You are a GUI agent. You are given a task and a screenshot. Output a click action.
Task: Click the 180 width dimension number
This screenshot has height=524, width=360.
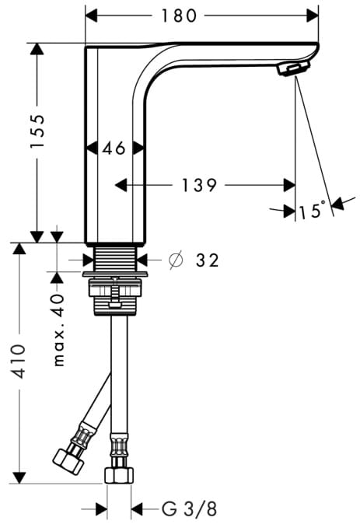[x=179, y=16]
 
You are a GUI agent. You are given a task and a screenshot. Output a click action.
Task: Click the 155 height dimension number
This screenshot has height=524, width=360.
[x=37, y=131]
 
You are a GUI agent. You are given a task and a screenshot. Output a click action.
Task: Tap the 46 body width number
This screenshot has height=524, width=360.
[x=114, y=148]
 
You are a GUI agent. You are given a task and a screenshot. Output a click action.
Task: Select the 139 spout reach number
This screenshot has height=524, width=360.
[x=199, y=185]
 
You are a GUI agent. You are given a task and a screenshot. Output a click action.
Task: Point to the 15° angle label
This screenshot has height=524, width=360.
[x=312, y=210]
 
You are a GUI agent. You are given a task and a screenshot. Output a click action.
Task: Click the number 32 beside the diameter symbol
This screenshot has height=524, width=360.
[x=208, y=260]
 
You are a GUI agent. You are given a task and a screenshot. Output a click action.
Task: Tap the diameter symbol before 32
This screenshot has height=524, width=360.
[x=177, y=260]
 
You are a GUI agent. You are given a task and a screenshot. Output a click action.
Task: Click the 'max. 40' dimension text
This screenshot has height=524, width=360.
[x=58, y=330]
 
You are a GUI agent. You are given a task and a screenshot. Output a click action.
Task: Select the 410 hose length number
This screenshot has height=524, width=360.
[x=19, y=362]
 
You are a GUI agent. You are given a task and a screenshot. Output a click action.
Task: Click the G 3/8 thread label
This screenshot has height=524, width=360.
[x=190, y=509]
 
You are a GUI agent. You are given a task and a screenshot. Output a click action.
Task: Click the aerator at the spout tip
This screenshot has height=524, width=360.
[x=293, y=68]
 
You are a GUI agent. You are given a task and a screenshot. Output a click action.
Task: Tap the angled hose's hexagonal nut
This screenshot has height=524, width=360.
[x=69, y=461]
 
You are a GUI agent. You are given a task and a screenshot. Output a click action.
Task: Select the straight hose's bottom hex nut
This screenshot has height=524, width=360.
[x=119, y=475]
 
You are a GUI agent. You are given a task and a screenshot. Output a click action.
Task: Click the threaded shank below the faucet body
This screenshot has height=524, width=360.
[x=115, y=259]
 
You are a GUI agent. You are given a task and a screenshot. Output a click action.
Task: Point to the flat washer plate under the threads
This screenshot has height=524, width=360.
[x=115, y=274]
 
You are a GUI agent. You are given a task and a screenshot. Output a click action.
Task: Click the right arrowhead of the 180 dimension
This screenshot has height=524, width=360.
[x=313, y=16]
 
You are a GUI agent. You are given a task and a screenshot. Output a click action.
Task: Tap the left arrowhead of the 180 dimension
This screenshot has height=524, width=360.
[x=91, y=16]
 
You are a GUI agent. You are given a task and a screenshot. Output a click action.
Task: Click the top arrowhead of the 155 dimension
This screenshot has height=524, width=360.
[x=37, y=49]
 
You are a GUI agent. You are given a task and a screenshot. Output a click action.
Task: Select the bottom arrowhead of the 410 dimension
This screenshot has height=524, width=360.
[x=19, y=478]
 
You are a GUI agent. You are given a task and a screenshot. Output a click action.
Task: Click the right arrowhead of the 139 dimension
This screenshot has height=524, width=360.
[x=289, y=185]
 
